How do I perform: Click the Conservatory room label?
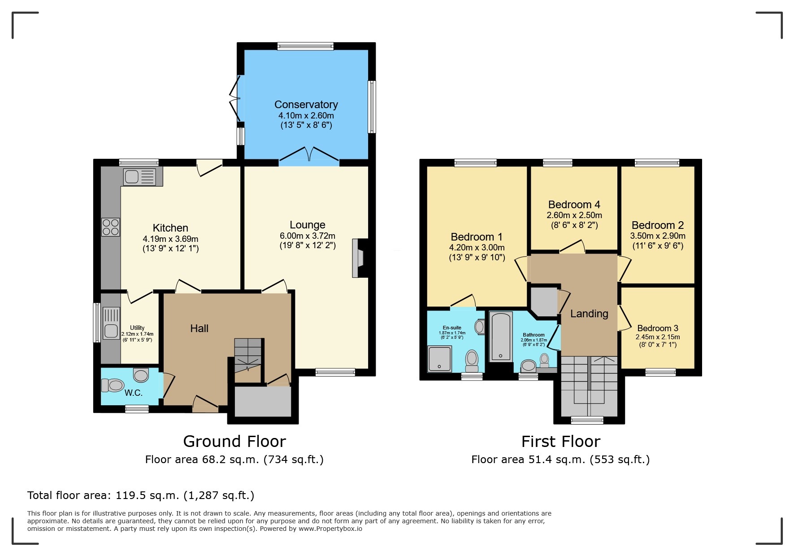(x=306, y=105)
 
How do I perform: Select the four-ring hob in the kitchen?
(x=110, y=227)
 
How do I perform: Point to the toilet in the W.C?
(x=113, y=385)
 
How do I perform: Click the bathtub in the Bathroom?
(x=501, y=337)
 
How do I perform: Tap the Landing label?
(x=589, y=314)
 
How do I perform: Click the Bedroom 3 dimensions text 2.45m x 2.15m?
(x=657, y=337)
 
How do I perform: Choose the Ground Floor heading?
(x=234, y=442)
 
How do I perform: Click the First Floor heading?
(x=560, y=442)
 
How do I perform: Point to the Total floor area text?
(x=141, y=495)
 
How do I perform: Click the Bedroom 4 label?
(x=574, y=205)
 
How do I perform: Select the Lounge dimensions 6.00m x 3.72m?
(x=307, y=236)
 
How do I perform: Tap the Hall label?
(x=199, y=328)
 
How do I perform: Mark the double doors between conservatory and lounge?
(x=309, y=156)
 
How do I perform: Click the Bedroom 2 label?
(x=657, y=225)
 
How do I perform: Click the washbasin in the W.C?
(x=141, y=374)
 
